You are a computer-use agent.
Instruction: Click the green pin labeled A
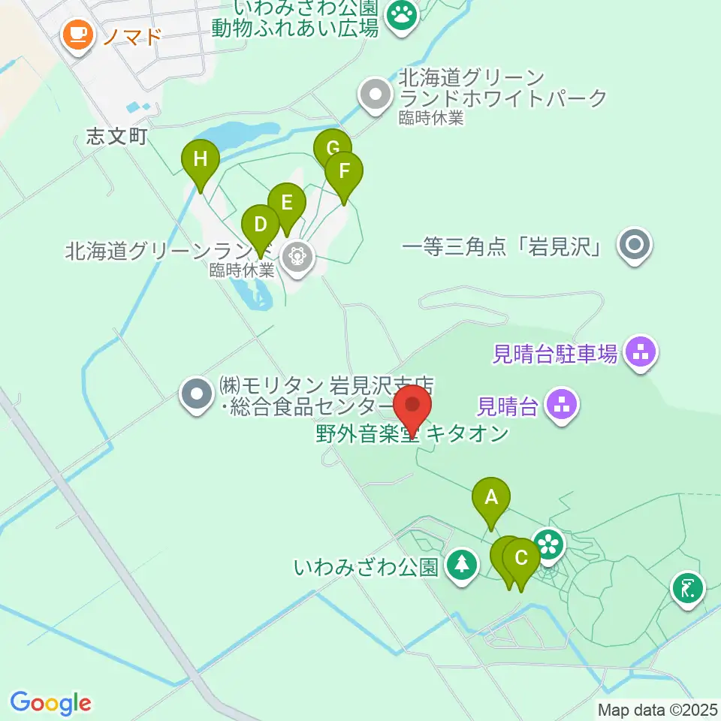[x=491, y=497]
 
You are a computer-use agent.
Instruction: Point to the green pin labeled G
[x=332, y=147]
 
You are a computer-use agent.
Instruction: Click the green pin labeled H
[x=201, y=160]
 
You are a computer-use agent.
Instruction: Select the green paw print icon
[x=402, y=16]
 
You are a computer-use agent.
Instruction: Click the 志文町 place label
[x=117, y=136]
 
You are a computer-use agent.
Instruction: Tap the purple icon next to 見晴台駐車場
[x=640, y=351]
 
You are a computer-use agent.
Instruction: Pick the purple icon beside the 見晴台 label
[x=563, y=406]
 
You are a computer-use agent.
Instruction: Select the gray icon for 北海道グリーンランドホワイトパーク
[x=375, y=95]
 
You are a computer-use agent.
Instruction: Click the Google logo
[x=50, y=703]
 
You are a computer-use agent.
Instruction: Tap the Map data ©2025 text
[x=657, y=709]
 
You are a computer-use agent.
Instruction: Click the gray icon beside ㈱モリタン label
[x=197, y=394]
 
